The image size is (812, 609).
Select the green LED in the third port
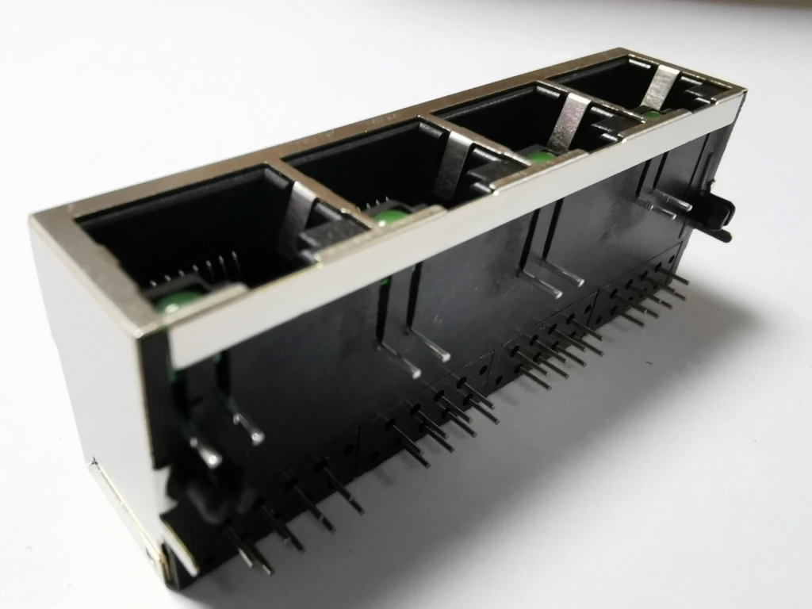pyautogui.click(x=542, y=156)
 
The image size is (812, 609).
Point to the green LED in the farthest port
pyautogui.click(x=653, y=115)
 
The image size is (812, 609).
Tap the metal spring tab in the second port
pyautogui.click(x=450, y=164)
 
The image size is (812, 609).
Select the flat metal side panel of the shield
pyautogui.click(x=95, y=373)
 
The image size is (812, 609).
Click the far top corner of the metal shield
pyautogui.click(x=741, y=94)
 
